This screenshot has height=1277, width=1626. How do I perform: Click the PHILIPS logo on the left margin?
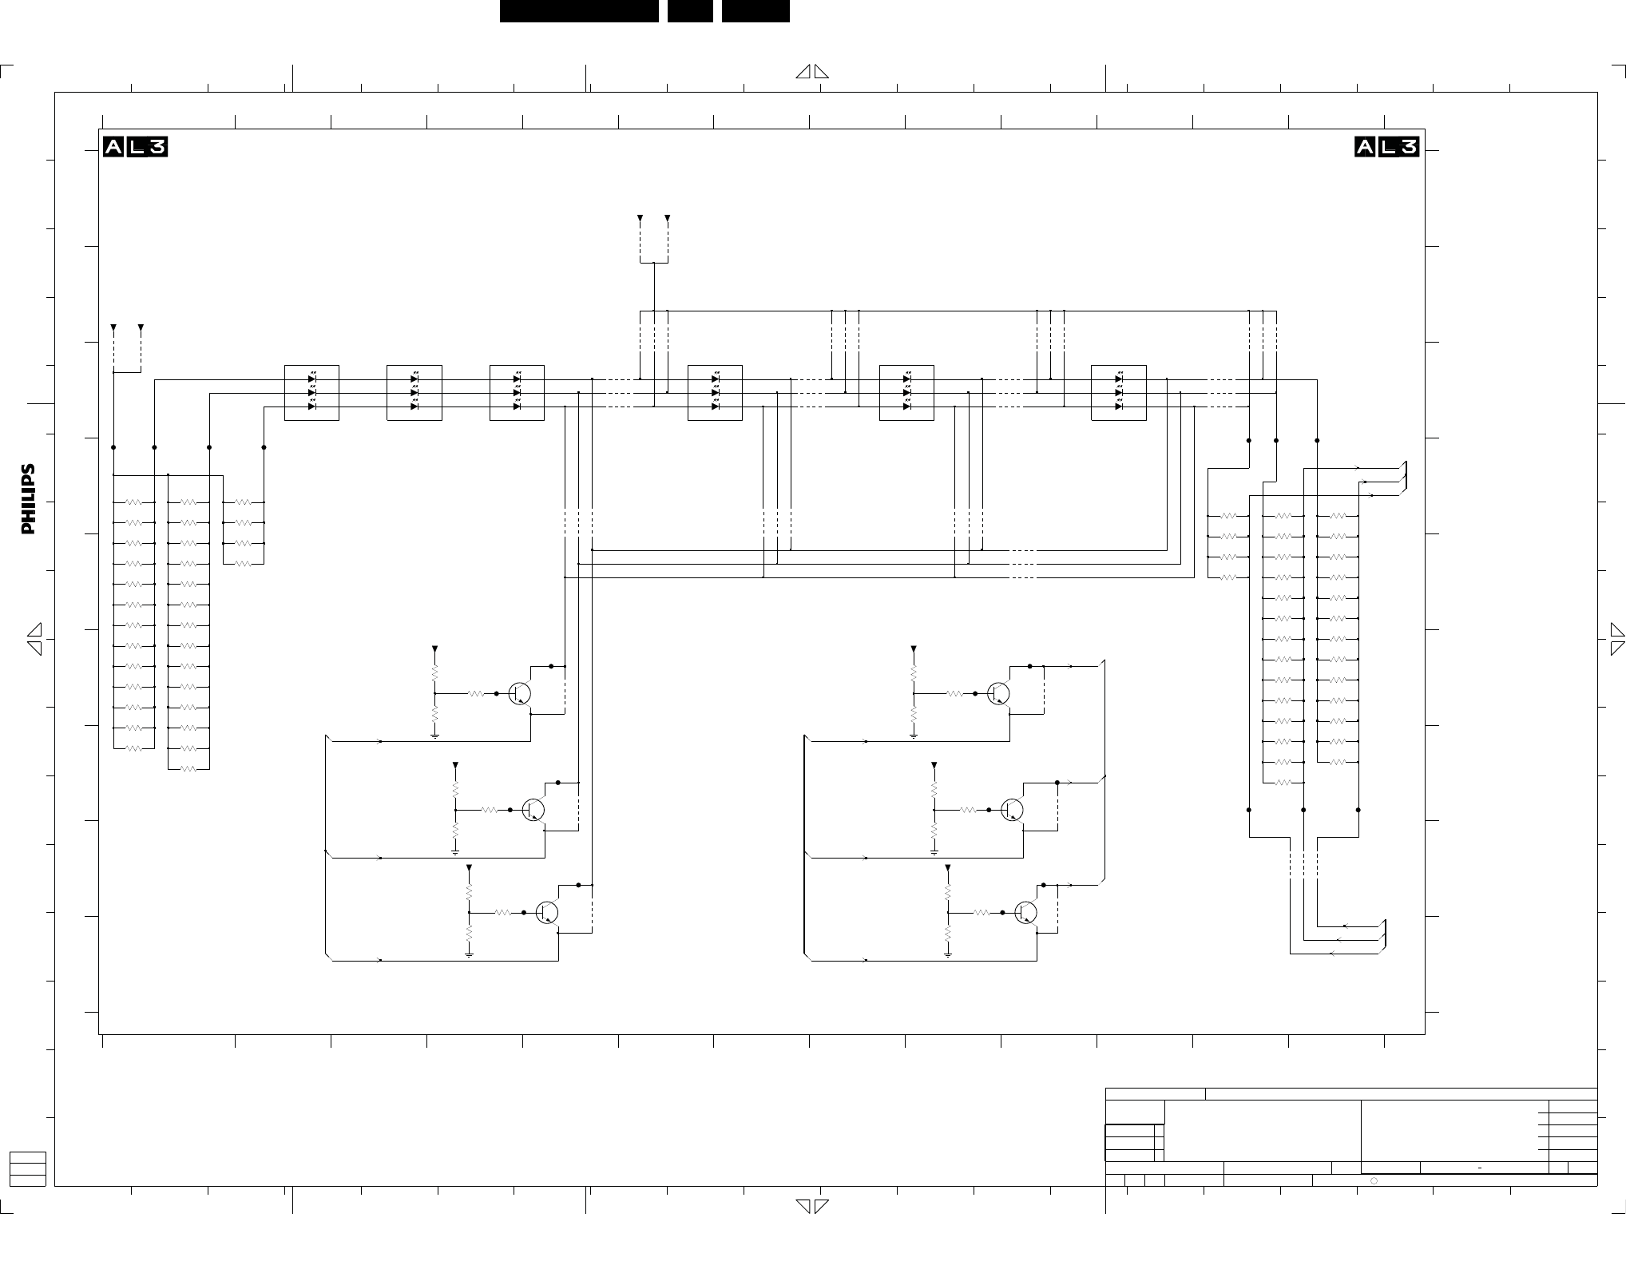[x=28, y=499]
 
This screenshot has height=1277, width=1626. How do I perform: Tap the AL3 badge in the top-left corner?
[x=135, y=147]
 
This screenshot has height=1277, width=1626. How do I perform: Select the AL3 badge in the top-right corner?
[x=1387, y=147]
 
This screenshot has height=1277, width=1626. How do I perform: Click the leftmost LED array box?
[x=311, y=393]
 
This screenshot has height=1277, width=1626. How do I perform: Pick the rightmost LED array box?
[x=1119, y=393]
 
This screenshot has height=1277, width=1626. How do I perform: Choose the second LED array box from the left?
[x=414, y=393]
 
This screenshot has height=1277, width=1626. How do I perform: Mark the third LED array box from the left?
[x=517, y=393]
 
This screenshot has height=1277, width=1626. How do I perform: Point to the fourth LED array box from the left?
[x=715, y=393]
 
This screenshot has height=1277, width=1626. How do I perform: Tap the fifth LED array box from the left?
[x=906, y=393]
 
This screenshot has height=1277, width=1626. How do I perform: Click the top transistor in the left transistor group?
[x=520, y=694]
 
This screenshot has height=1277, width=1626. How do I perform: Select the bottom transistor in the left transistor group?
[x=547, y=912]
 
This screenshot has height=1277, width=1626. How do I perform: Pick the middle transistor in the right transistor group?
[x=1013, y=810]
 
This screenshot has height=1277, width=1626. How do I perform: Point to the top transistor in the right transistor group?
[x=998, y=694]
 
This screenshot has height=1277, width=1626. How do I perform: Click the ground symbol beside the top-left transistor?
[x=435, y=736]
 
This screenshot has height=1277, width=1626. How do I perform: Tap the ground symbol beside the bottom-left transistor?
[x=469, y=954]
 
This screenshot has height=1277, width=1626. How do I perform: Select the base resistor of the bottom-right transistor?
[x=982, y=912]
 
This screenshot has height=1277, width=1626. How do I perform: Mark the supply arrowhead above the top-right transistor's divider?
[x=914, y=649]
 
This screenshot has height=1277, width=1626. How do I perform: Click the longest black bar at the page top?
[x=579, y=11]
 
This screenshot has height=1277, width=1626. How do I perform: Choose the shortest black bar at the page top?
[x=690, y=11]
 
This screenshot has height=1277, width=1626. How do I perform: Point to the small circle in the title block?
[x=1374, y=1180]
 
